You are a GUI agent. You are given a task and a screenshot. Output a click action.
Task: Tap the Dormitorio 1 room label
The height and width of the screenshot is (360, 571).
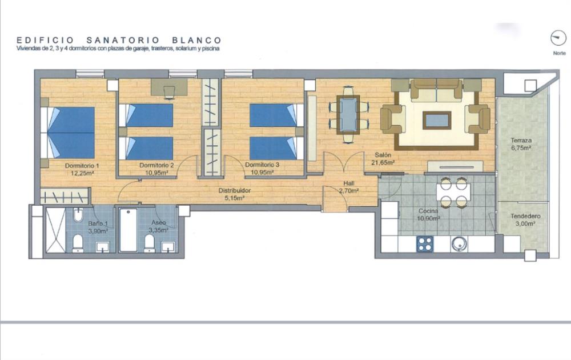pyautogui.click(x=82, y=165)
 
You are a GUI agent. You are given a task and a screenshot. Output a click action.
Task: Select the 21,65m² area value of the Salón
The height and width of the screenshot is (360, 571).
pyautogui.click(x=383, y=163)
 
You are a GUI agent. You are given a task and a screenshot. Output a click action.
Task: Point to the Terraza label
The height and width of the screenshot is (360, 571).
pyautogui.click(x=521, y=140)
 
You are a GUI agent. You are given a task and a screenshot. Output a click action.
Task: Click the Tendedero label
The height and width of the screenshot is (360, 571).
pyautogui.click(x=525, y=216)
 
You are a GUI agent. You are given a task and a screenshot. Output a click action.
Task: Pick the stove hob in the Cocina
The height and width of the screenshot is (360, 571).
pyautogui.click(x=425, y=244)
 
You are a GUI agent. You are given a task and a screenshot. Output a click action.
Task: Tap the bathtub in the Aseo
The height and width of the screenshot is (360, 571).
pyautogui.click(x=128, y=230)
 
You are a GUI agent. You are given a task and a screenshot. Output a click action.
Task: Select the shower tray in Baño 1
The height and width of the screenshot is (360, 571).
pyautogui.click(x=55, y=230)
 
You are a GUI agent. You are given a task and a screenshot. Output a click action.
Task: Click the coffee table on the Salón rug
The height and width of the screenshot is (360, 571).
pyautogui.click(x=437, y=121)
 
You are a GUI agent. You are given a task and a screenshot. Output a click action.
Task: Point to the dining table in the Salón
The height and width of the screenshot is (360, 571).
pyautogui.click(x=348, y=115)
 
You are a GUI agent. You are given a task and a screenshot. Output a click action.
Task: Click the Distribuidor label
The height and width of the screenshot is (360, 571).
pyautogui.click(x=235, y=190)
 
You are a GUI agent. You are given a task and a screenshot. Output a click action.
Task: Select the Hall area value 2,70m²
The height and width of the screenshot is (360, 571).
pyautogui.click(x=348, y=190)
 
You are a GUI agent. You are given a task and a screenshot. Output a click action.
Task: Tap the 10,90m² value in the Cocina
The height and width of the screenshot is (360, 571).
pyautogui.click(x=428, y=218)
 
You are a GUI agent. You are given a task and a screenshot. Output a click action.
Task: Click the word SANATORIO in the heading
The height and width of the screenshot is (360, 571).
pyautogui.click(x=123, y=40)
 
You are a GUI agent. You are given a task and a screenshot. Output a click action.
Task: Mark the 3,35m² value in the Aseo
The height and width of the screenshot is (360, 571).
pyautogui.click(x=158, y=230)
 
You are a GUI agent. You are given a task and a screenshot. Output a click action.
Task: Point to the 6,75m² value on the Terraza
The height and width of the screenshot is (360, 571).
pyautogui.click(x=521, y=148)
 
